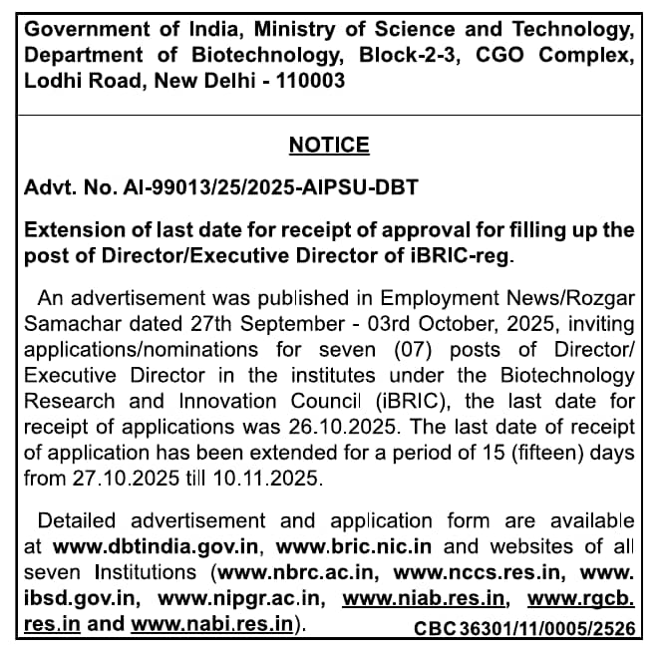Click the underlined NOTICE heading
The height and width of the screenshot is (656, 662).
pyautogui.click(x=329, y=146)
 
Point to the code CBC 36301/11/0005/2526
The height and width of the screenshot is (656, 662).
pyautogui.click(x=523, y=627)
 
